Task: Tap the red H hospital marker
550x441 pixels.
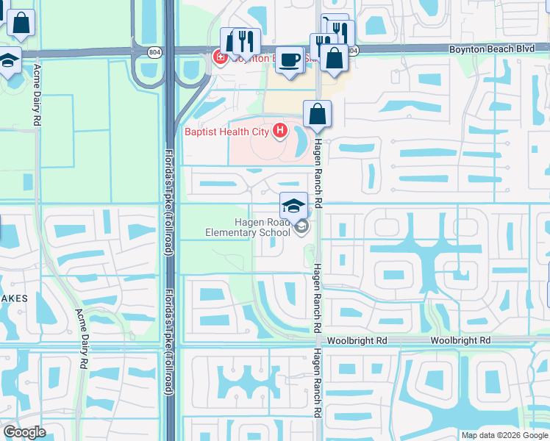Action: click(279, 132)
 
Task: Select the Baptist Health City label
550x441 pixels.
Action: click(227, 132)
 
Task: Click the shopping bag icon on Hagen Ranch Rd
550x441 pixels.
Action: click(317, 114)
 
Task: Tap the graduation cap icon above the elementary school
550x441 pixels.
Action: click(293, 205)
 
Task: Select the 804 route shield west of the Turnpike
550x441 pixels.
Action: click(153, 52)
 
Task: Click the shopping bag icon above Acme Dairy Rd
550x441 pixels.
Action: click(22, 24)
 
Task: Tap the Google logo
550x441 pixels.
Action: click(24, 433)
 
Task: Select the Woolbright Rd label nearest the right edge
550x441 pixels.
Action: click(460, 341)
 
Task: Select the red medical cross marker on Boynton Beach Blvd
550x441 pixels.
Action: click(218, 57)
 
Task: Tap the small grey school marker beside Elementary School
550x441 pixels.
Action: click(301, 229)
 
